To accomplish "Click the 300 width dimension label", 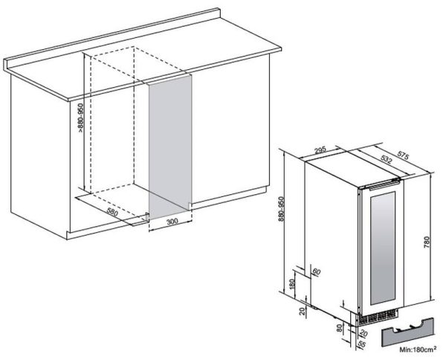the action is click(172, 221).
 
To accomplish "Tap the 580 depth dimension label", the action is click(112, 212).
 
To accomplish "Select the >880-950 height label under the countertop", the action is click(81, 117).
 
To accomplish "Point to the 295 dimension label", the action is click(320, 150).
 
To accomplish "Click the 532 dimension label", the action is click(386, 160).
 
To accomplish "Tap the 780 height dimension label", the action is click(427, 242).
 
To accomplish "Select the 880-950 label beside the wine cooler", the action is click(281, 208).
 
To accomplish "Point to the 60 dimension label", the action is click(317, 271).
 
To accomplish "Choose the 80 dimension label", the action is click(340, 328).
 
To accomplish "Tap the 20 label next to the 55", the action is click(363, 333).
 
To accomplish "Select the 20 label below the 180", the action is click(303, 310).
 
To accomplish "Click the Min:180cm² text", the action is click(418, 349).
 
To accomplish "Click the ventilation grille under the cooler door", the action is click(378, 316).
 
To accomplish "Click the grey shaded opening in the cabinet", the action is click(170, 147).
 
